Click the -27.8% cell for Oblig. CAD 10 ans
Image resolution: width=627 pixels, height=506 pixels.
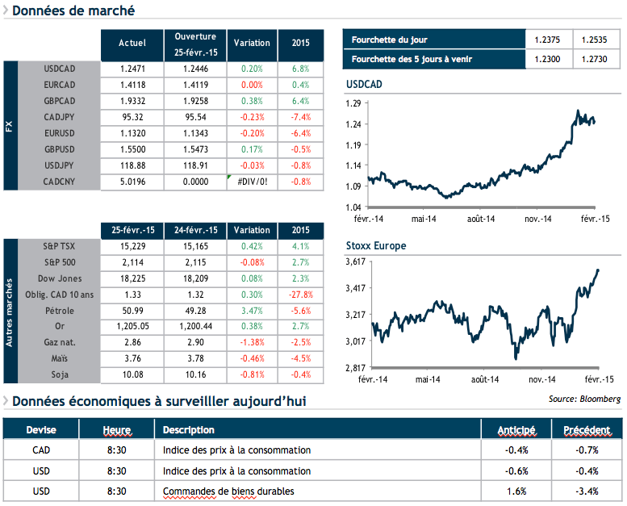click(300, 295)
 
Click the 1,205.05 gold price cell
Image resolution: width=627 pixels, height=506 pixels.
click(132, 325)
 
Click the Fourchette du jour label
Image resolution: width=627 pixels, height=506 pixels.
click(390, 40)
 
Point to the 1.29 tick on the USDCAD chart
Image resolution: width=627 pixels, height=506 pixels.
click(353, 103)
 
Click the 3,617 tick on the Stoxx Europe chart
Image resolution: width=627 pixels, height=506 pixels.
click(355, 261)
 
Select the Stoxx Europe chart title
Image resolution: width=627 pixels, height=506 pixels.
click(375, 245)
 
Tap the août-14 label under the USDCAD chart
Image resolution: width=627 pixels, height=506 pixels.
click(483, 219)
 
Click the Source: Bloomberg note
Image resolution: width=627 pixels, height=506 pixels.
click(584, 399)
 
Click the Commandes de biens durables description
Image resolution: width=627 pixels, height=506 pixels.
click(228, 491)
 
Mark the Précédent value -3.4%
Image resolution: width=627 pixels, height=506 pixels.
click(587, 491)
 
